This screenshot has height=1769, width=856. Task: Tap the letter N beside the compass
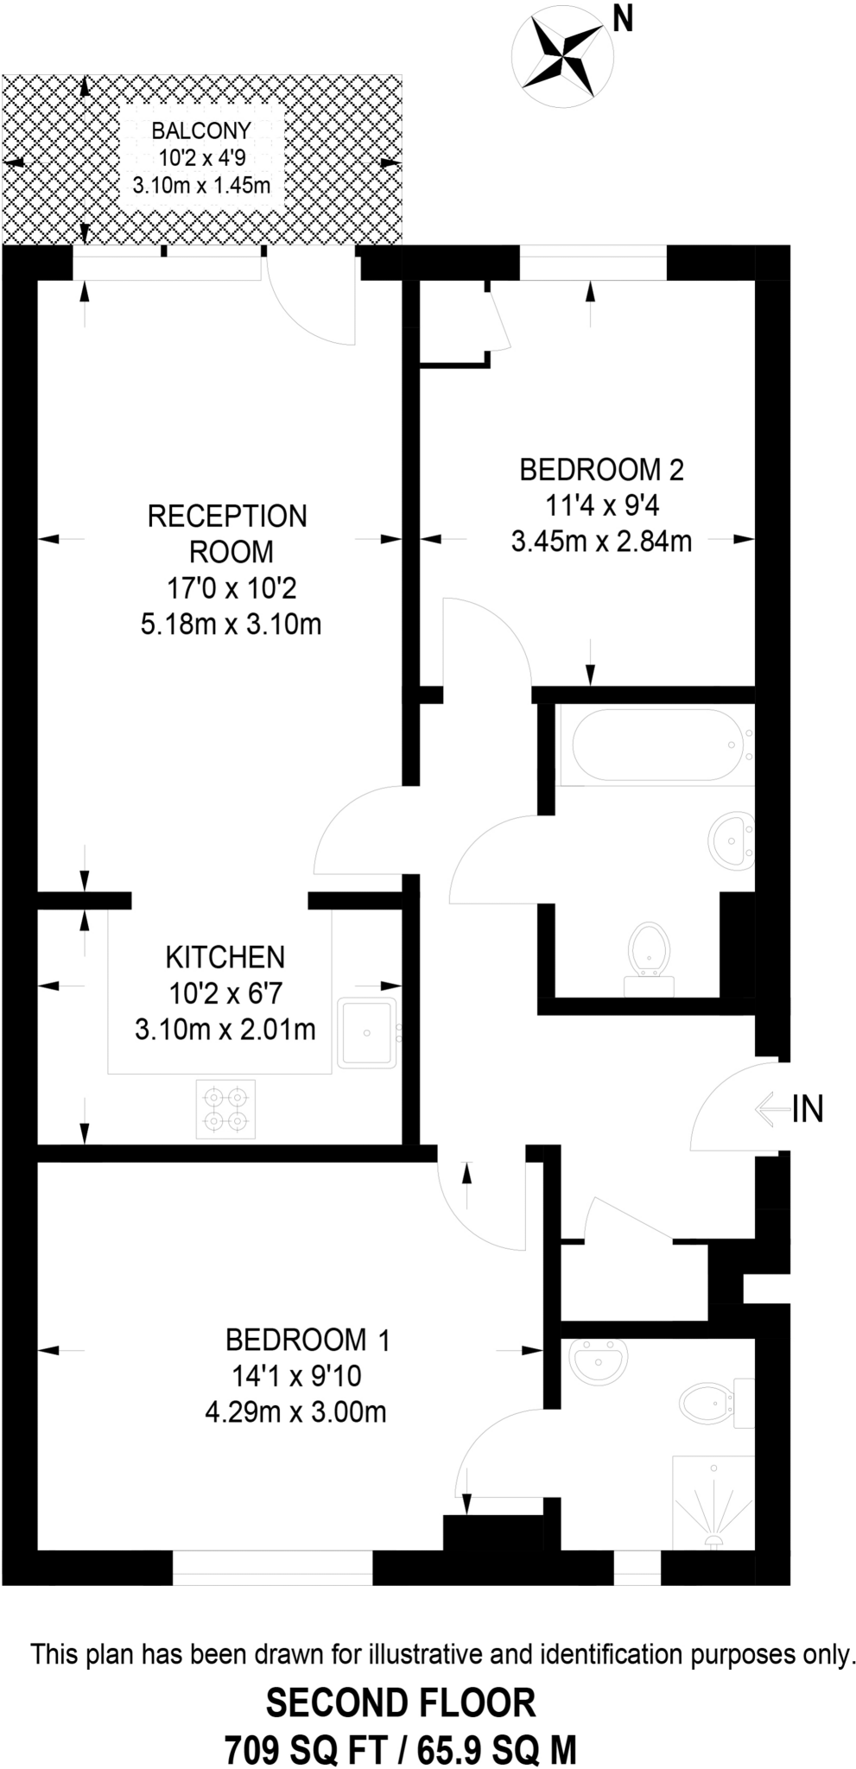(623, 19)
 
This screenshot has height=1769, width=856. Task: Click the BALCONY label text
(201, 130)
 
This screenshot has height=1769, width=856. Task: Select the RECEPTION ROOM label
(227, 533)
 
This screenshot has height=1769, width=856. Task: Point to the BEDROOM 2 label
(601, 470)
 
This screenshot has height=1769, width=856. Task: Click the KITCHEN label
(225, 957)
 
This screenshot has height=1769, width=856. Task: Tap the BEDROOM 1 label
(308, 1340)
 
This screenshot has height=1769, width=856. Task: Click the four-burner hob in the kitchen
(225, 1109)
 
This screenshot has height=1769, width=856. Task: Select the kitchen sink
(367, 1033)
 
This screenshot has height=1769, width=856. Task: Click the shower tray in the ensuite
(713, 1502)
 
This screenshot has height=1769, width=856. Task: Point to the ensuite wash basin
(598, 1360)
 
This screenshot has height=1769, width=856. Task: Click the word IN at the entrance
(808, 1108)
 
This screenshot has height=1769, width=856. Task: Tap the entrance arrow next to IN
(770, 1108)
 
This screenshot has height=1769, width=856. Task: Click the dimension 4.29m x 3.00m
(295, 1412)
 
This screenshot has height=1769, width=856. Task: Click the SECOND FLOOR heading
(401, 1703)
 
